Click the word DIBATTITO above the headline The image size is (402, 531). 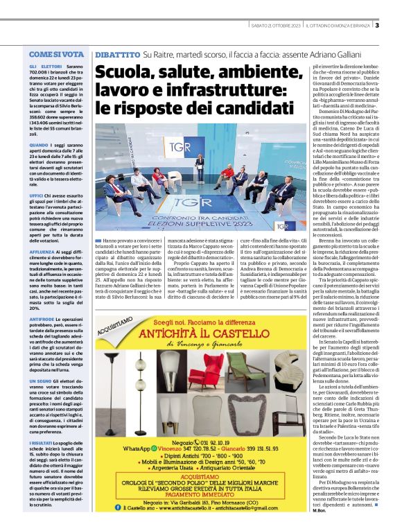tap(117, 53)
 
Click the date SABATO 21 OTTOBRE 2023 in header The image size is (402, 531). tap(277, 26)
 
